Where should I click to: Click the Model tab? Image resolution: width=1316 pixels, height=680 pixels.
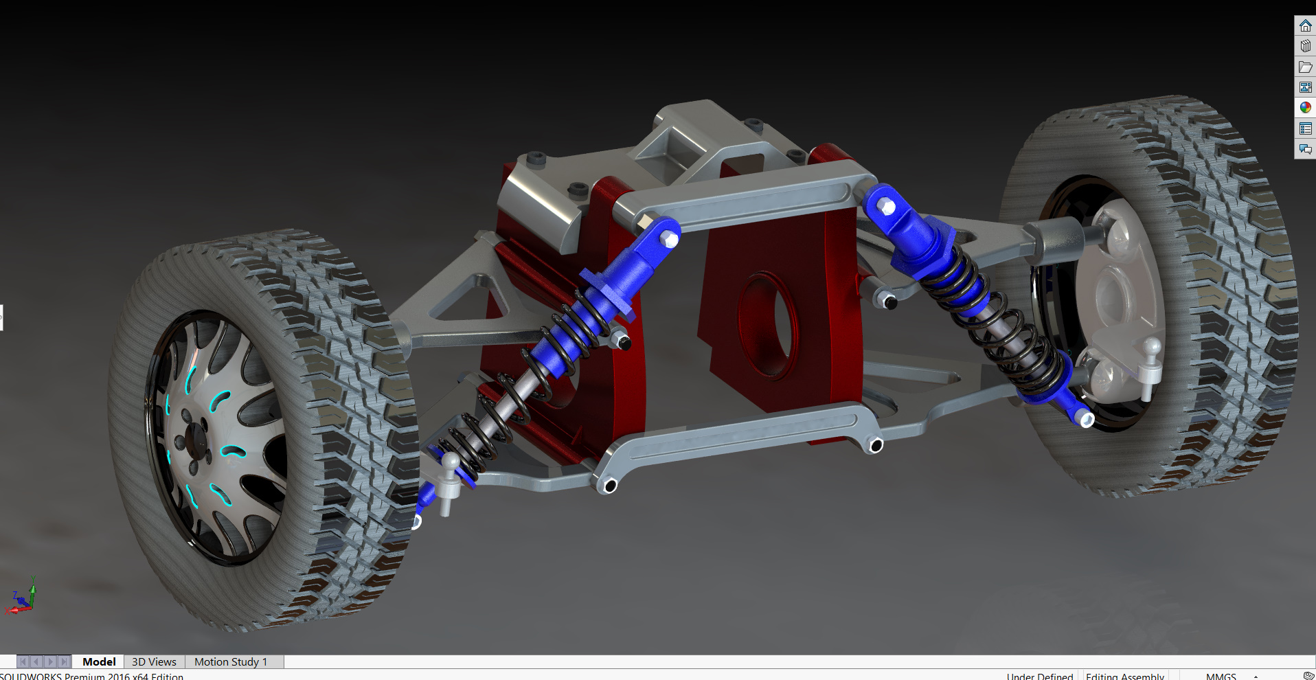click(99, 661)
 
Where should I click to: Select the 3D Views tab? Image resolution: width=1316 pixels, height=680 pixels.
click(154, 661)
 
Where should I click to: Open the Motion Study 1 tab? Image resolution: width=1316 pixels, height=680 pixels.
click(230, 661)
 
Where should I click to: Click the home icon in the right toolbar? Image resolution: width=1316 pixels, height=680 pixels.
click(1305, 26)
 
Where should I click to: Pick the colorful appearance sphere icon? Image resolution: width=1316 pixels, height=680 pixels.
click(1305, 107)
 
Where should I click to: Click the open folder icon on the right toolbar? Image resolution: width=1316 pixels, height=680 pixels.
click(1305, 67)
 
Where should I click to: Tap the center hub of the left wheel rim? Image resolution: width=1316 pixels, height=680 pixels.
click(195, 440)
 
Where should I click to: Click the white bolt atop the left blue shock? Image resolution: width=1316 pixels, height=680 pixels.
click(670, 240)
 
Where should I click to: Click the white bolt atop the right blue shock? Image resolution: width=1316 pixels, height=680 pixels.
click(887, 206)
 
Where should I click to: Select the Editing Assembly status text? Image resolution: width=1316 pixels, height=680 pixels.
click(1124, 676)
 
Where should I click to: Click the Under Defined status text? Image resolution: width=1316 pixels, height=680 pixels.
click(1039, 676)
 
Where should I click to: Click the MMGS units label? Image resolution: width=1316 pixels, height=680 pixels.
click(1221, 676)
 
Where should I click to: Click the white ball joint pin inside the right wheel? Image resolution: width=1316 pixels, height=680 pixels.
click(1150, 364)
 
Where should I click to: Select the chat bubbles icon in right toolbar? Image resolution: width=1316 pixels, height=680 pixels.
click(1305, 148)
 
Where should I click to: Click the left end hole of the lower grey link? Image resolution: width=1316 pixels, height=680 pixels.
click(609, 486)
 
